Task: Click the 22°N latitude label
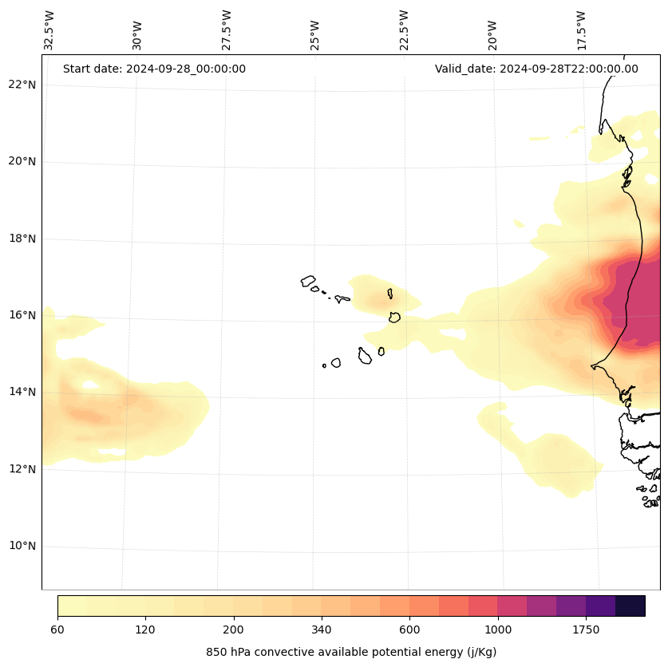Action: (22, 85)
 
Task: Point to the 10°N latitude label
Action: (22, 547)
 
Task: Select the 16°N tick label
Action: (22, 315)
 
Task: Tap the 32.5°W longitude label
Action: (49, 30)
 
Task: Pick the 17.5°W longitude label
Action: (582, 30)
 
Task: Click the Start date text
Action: (154, 69)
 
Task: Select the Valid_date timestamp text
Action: (536, 69)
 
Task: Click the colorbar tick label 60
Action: (57, 630)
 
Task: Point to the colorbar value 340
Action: (322, 630)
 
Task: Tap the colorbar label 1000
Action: (498, 630)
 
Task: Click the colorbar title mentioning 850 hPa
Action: (351, 652)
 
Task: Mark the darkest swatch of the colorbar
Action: (630, 606)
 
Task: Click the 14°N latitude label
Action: (22, 392)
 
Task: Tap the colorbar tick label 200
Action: (234, 630)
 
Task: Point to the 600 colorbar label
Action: (409, 630)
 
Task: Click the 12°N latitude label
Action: (22, 469)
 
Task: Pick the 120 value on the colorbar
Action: (145, 630)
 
